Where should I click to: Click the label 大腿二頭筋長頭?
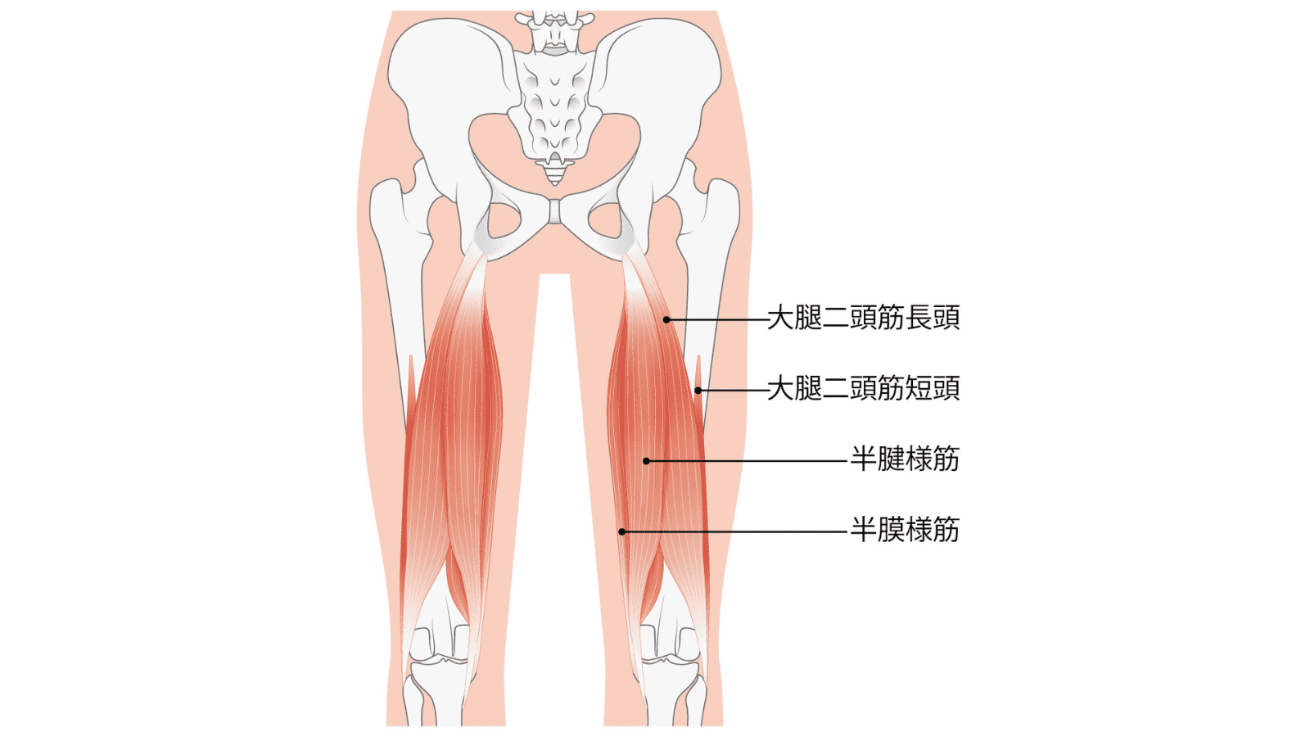[x=863, y=319]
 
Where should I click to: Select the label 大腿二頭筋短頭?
[x=863, y=388]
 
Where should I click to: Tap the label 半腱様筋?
[x=905, y=459]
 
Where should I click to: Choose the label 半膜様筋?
[x=905, y=530]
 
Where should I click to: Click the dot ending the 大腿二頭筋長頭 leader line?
[x=666, y=320]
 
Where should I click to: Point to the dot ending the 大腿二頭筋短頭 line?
[x=698, y=390]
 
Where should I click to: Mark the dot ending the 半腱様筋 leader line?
[x=646, y=461]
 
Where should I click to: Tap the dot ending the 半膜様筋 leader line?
[x=622, y=531]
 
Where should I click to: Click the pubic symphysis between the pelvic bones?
[x=554, y=212]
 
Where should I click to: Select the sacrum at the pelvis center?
[x=554, y=106]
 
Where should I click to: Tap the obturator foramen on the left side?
[x=504, y=220]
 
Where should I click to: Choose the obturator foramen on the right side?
[x=605, y=220]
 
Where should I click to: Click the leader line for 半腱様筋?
[x=747, y=461]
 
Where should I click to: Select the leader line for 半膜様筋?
[x=734, y=531]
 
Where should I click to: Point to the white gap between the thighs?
[x=554, y=497]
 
